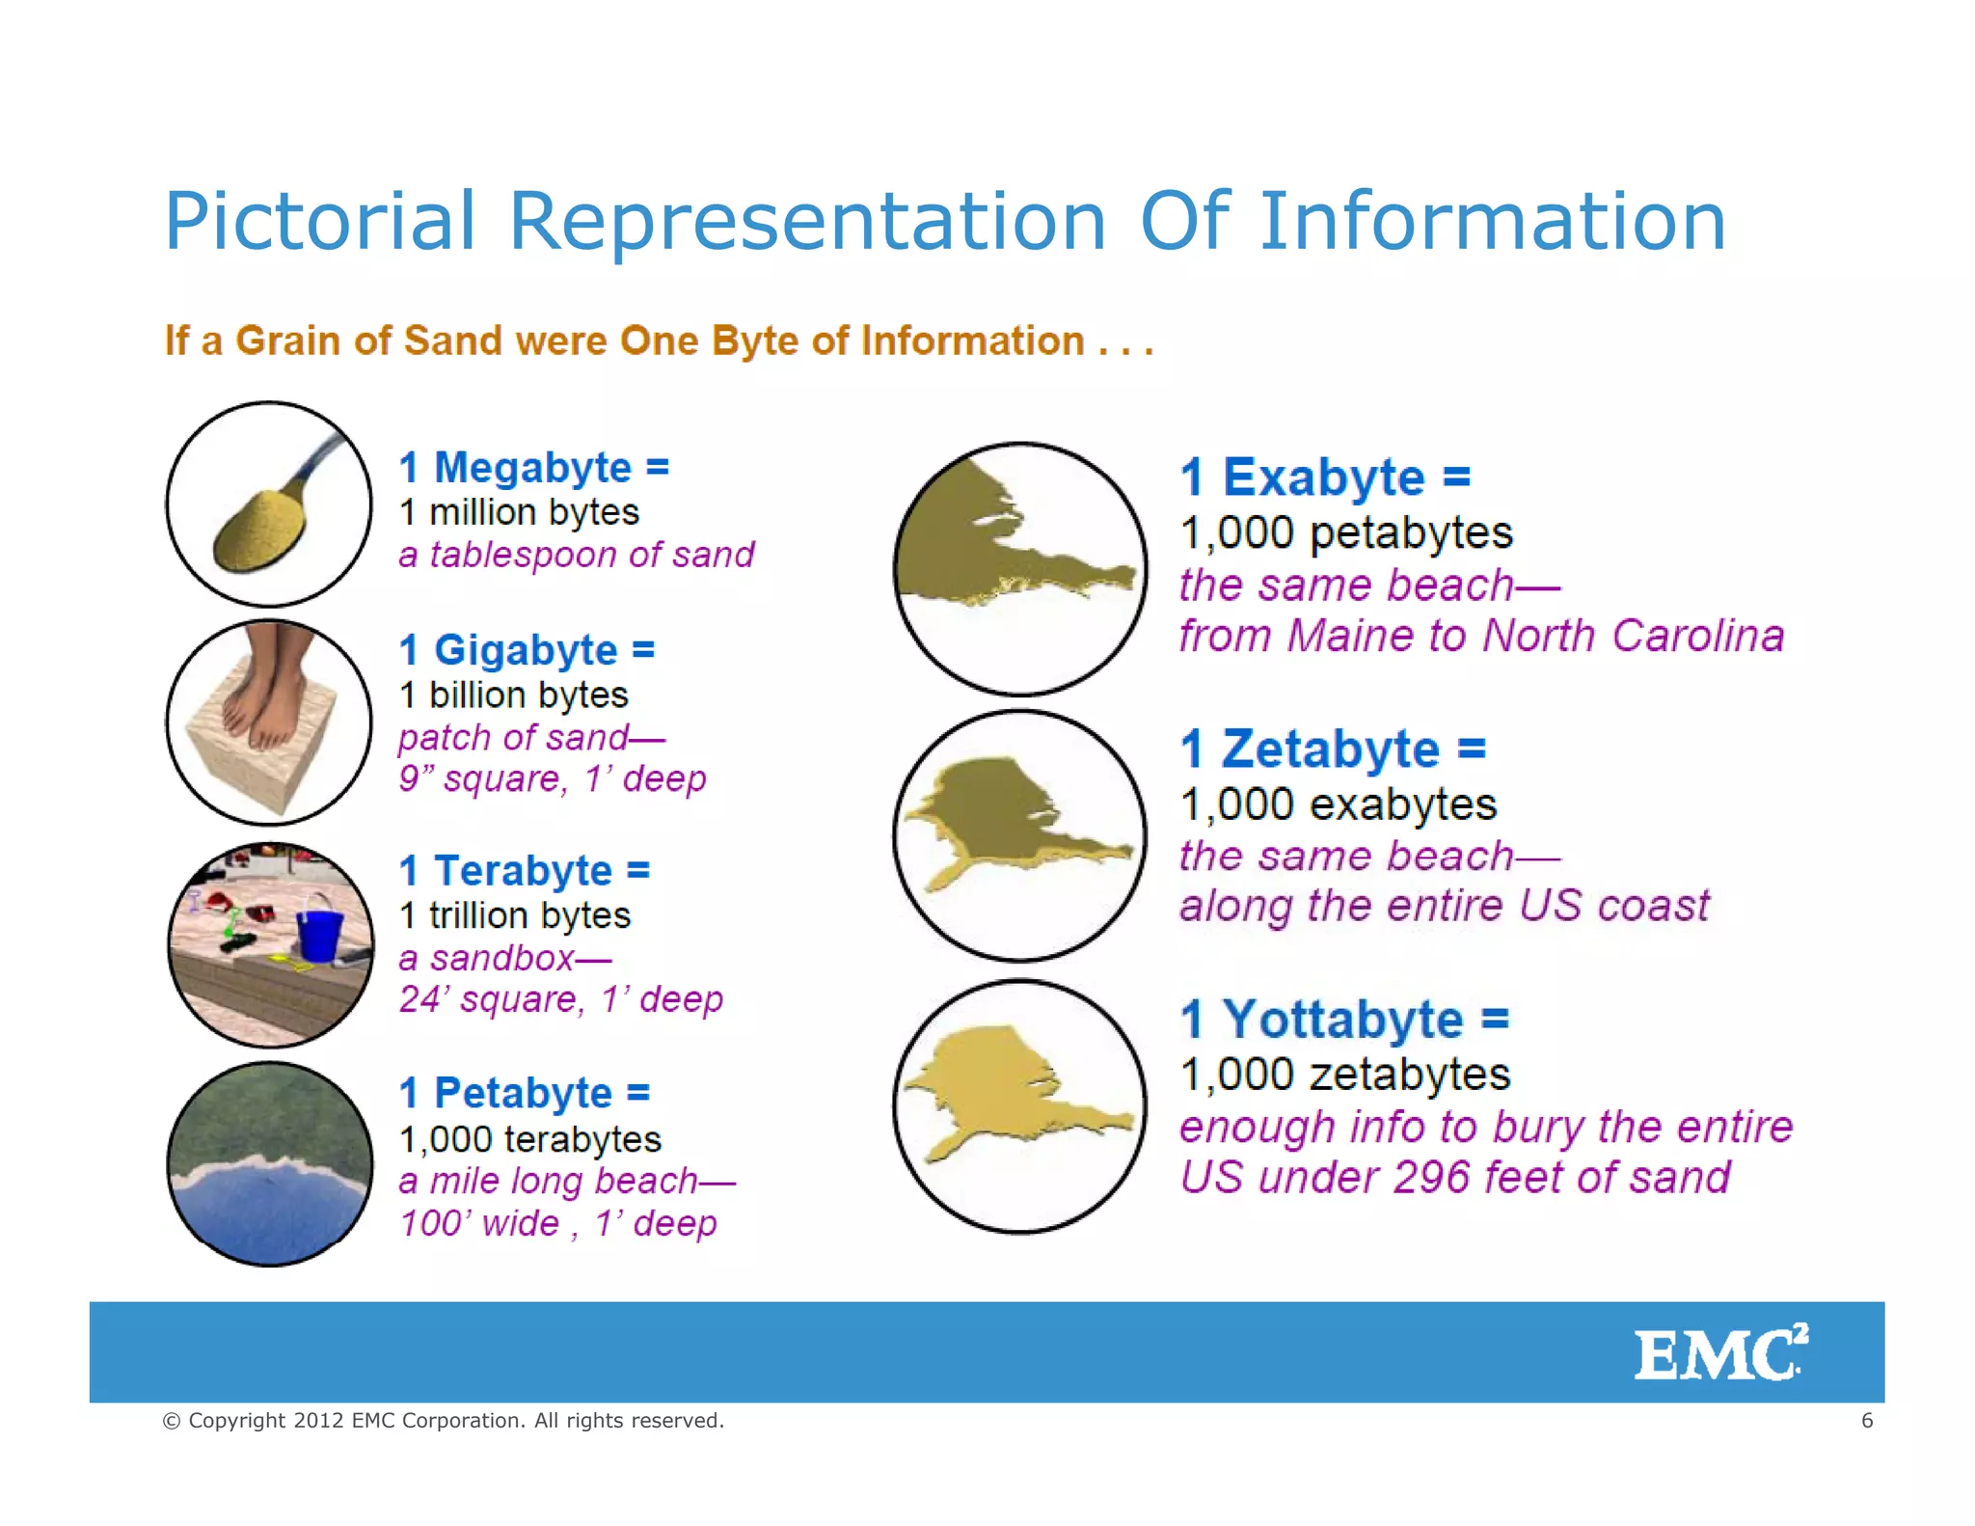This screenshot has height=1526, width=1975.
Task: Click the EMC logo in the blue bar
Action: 1719,1353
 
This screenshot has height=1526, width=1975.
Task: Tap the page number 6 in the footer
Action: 1867,1420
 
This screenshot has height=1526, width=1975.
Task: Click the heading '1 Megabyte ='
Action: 533,468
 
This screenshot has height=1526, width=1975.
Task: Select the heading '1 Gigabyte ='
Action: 527,650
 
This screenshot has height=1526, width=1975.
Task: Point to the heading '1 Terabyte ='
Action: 525,871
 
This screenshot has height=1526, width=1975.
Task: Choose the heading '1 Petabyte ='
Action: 525,1093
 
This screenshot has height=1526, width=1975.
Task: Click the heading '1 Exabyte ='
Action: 1325,477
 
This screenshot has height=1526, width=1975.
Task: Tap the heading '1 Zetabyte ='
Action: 1333,749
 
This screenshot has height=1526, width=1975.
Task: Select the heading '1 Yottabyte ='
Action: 1344,1020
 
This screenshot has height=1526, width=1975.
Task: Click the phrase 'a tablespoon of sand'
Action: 576,555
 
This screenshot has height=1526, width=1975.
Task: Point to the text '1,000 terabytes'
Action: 530,1139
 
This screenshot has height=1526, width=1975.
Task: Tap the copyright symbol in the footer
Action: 172,1421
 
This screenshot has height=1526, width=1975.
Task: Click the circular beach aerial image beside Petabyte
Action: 269,1164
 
